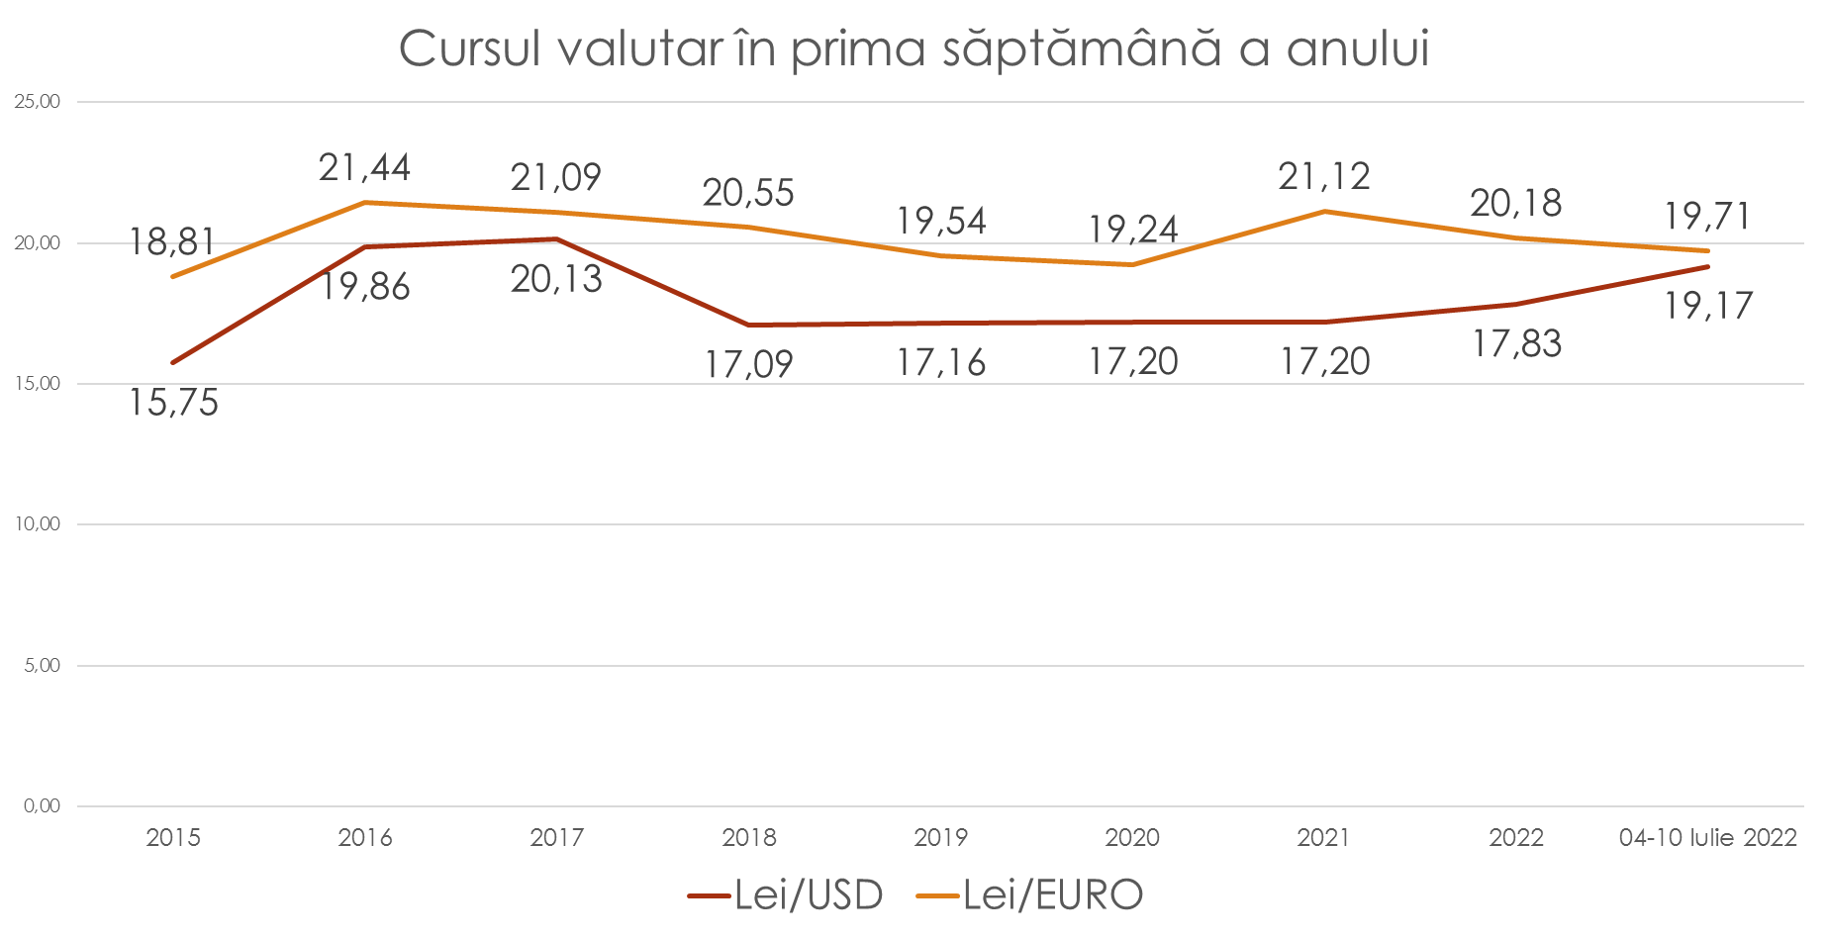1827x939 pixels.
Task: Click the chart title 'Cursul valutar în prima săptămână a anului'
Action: (913, 48)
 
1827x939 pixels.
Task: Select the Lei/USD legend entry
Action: (785, 895)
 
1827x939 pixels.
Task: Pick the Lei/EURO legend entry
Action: (1030, 895)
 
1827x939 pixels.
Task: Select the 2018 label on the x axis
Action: (749, 838)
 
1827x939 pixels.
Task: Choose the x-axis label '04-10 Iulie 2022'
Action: (1707, 838)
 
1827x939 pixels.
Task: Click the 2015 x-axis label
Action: (173, 838)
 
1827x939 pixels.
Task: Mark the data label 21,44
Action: (364, 168)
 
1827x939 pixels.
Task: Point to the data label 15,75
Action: (173, 404)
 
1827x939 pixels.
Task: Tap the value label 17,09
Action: (748, 365)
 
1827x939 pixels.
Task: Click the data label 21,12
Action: (1324, 176)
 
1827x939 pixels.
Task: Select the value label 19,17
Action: (1707, 306)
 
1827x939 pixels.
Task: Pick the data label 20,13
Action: (556, 280)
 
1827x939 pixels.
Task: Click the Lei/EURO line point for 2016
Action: (365, 202)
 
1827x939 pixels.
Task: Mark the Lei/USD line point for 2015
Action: (173, 362)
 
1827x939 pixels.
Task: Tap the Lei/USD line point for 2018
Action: (749, 325)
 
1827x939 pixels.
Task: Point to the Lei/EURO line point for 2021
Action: (1324, 211)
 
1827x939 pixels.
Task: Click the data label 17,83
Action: (1516, 344)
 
